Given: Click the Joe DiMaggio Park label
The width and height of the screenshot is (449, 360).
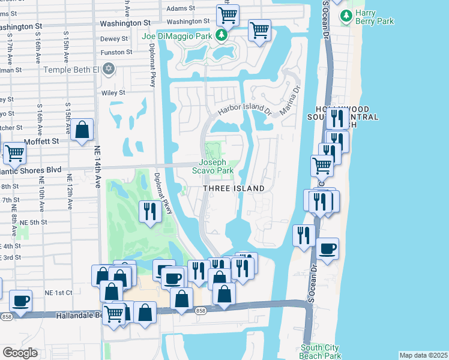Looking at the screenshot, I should tap(177, 36).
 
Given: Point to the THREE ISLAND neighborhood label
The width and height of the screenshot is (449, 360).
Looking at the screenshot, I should tap(234, 188).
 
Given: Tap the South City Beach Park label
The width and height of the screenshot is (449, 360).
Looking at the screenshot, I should tap(321, 351).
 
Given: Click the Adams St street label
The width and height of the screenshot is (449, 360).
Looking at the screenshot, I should tap(181, 8).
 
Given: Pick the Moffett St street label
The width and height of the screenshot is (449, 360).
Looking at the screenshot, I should tap(45, 142).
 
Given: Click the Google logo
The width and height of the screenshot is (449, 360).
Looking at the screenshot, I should tap(20, 353).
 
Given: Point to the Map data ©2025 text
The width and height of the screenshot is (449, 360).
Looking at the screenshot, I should tap(423, 355).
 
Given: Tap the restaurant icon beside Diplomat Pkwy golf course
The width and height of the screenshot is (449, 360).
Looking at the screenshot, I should tap(149, 211).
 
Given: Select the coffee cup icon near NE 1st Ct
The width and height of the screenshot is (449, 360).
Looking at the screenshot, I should tap(20, 300).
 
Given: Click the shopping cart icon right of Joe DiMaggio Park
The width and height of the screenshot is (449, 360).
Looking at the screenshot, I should tap(259, 29).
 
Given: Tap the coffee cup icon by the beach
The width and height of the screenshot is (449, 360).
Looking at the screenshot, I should tap(328, 248).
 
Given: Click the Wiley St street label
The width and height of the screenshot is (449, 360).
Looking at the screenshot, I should tap(113, 93).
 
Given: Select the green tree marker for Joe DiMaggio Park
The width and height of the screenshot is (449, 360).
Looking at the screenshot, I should tap(221, 35).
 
